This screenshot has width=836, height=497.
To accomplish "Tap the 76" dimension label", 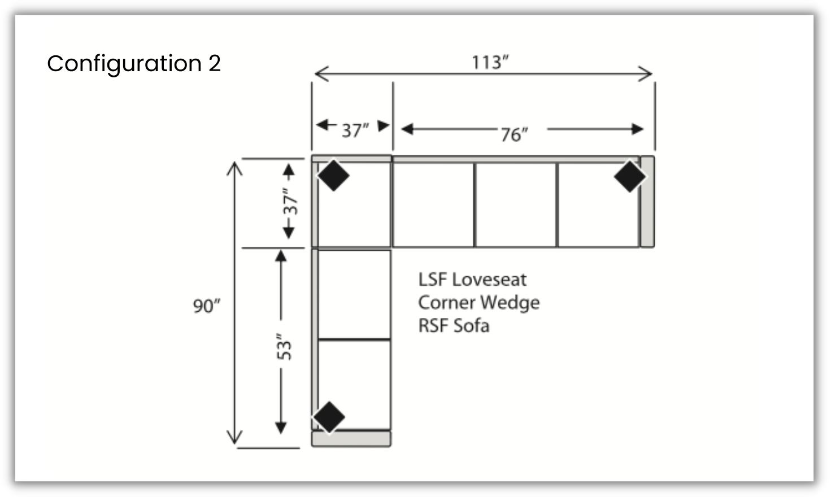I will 513,134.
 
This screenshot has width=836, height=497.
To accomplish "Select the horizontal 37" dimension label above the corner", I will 355,130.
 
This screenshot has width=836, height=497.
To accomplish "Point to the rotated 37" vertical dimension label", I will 290,201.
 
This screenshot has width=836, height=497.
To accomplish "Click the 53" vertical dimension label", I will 284,347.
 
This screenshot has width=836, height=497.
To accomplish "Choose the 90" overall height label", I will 206,306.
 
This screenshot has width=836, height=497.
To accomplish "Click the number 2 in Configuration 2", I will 215,63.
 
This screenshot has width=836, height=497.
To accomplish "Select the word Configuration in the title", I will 124,63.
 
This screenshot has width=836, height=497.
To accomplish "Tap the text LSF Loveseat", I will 472,279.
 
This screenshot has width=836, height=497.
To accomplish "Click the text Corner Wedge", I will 478,302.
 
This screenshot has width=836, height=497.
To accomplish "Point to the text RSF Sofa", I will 454,325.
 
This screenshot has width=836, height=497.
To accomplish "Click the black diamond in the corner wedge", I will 333,175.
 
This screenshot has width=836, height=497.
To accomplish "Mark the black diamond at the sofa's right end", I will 629,176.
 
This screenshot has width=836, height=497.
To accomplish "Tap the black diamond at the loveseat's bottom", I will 329,417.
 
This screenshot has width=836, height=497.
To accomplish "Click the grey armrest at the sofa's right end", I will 647,202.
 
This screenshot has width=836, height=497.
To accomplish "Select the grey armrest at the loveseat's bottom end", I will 351,439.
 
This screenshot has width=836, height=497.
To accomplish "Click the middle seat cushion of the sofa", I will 515,204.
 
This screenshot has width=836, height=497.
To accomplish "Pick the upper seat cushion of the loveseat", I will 354,294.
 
